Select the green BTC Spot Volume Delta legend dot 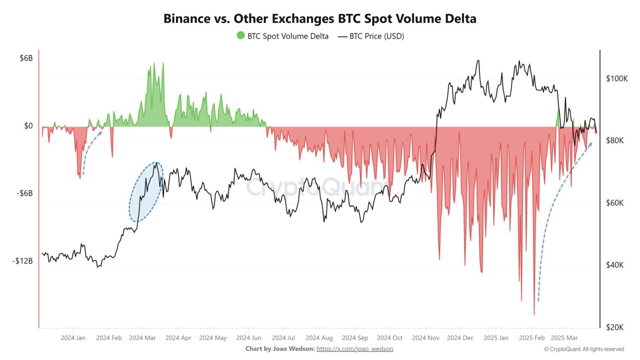[240, 36]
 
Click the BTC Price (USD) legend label [376, 36]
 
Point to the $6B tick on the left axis [26, 59]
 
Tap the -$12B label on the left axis [23, 261]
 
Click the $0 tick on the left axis [28, 126]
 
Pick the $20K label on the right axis [615, 328]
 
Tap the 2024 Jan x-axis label [73, 338]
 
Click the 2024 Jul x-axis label [283, 338]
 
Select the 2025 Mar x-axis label [564, 338]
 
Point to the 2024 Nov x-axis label [425, 338]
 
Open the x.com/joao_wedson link [354, 349]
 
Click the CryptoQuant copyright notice [584, 349]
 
